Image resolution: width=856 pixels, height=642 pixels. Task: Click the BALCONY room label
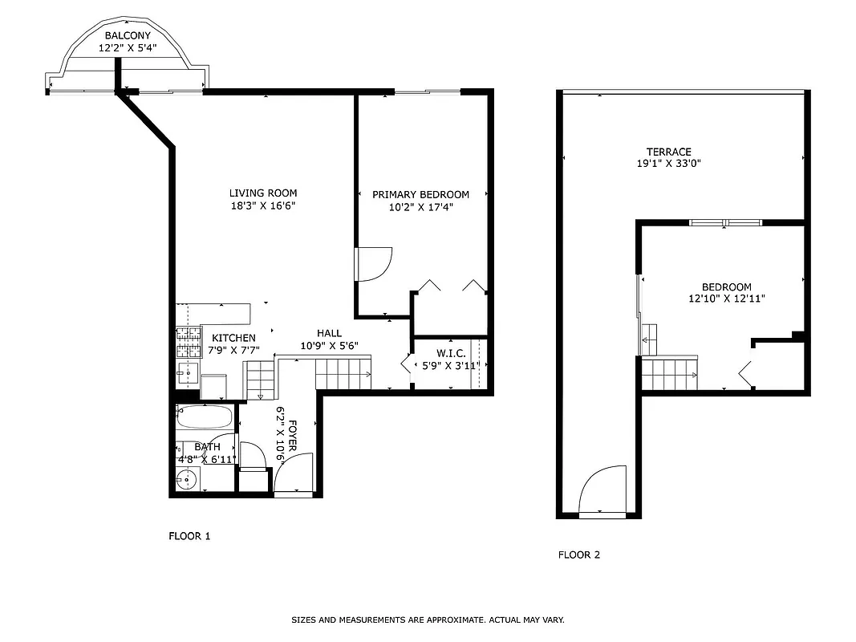pos(128,36)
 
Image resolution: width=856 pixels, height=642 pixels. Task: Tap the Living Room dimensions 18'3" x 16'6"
pos(263,205)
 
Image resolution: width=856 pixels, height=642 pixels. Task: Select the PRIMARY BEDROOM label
pos(420,194)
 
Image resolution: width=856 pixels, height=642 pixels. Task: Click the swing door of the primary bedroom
pos(373,264)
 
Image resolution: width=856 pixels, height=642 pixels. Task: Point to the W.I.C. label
pos(451,353)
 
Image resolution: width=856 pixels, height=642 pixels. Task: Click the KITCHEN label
pos(233,338)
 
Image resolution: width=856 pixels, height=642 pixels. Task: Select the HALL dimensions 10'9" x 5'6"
pos(329,346)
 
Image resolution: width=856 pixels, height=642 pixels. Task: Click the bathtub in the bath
pos(205,418)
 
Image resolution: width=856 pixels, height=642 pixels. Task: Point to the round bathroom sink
pos(187,479)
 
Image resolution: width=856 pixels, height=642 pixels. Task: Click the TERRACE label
pos(668,152)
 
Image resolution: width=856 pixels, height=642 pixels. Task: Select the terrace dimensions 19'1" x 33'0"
pos(668,164)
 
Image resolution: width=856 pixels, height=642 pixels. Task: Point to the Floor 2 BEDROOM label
pos(726,287)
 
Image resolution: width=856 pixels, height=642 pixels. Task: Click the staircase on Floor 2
pos(669,373)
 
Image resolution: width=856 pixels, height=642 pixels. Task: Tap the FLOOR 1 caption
pos(189,536)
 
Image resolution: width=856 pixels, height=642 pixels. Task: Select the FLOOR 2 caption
pos(579,555)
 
